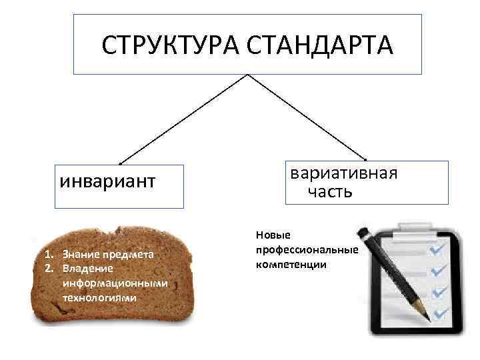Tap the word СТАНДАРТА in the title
320,45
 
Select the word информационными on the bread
115,283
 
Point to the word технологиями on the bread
99,297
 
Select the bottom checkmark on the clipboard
439,312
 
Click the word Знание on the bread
81,254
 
